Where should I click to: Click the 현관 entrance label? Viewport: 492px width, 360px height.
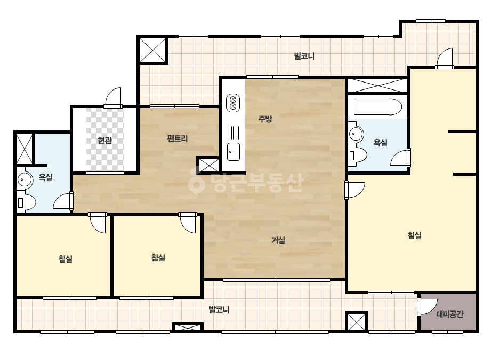tap(105, 140)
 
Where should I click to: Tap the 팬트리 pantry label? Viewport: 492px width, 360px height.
tap(178, 138)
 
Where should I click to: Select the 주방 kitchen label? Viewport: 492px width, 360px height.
tap(265, 119)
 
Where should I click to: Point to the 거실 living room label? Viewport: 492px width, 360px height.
tap(278, 240)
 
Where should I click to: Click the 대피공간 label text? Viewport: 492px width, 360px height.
tap(450, 314)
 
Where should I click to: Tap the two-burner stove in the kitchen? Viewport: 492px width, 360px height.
tap(233, 103)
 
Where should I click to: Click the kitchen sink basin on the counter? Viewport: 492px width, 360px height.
tap(233, 152)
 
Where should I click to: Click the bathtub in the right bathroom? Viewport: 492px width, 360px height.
tap(378, 107)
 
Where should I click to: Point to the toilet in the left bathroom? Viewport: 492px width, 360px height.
tap(26, 202)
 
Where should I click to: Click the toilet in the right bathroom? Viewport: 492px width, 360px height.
tap(357, 155)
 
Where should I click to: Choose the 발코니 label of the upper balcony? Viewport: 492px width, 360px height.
tap(304, 56)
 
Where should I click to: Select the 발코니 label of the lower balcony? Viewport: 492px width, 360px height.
tap(219, 310)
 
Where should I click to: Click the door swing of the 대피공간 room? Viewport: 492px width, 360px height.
tap(428, 307)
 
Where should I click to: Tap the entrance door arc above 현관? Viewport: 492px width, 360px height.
tap(113, 97)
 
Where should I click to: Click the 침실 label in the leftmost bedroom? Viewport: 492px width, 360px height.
tap(65, 259)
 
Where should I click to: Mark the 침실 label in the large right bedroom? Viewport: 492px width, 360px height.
tap(414, 235)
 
